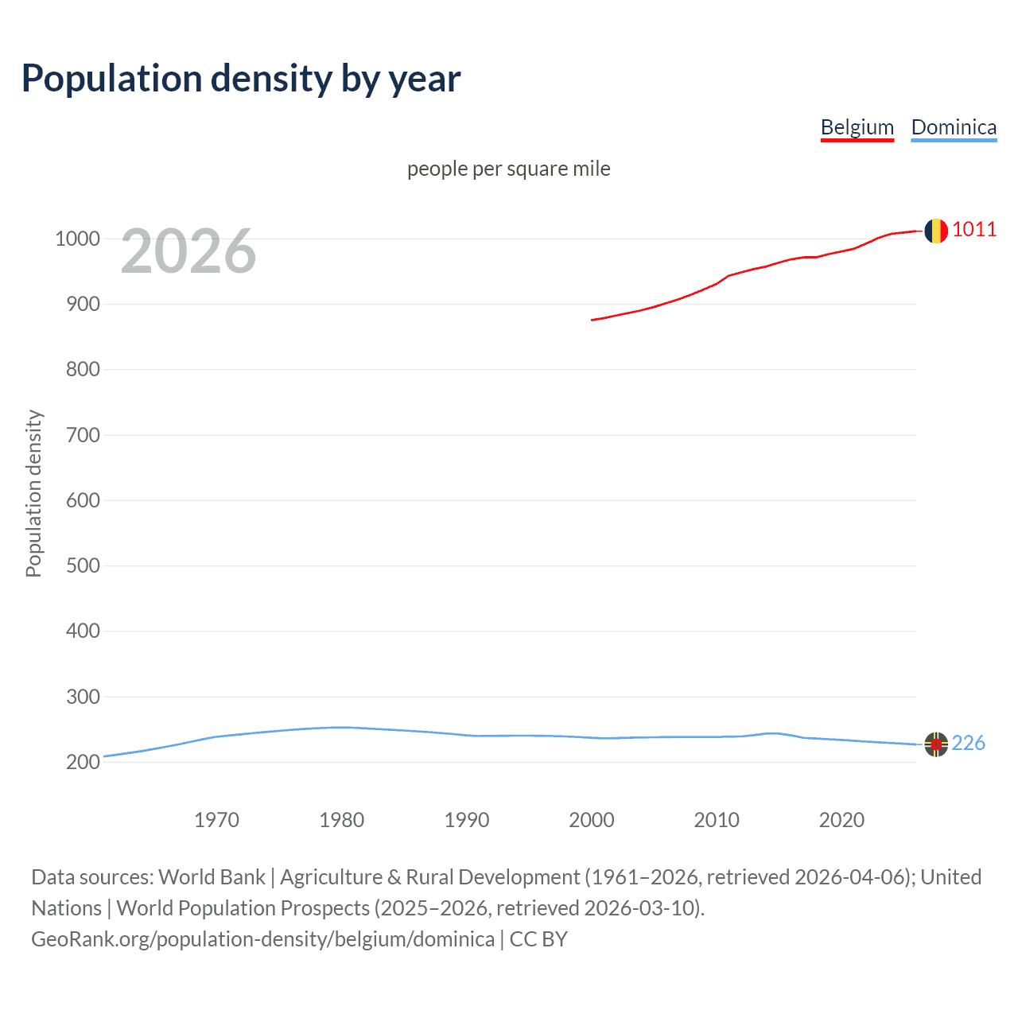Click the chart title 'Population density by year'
[241, 79]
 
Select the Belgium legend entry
[857, 127]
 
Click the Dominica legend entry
[953, 127]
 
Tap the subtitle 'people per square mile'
[508, 169]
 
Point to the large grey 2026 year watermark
[188, 251]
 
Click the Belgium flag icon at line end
[936, 231]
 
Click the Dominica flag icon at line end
[936, 744]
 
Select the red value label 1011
[973, 230]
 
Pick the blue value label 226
[968, 743]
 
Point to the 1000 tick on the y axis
[77, 239]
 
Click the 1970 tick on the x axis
[216, 820]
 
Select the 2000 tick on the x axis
[591, 820]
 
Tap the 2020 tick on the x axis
[841, 820]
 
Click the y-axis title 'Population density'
[33, 493]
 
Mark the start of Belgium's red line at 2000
[593, 320]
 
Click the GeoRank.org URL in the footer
[262, 939]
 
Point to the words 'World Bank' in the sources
[212, 877]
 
